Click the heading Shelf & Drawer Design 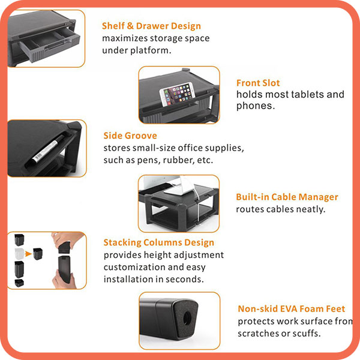(151, 26)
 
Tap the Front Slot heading (258, 83)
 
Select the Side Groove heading (130, 136)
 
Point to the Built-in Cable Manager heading (287, 197)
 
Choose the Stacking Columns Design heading (158, 242)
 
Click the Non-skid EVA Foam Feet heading (292, 309)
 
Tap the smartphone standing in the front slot (178, 94)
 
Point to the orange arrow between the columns (28, 254)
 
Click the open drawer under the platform (49, 45)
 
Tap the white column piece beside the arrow (19, 254)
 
